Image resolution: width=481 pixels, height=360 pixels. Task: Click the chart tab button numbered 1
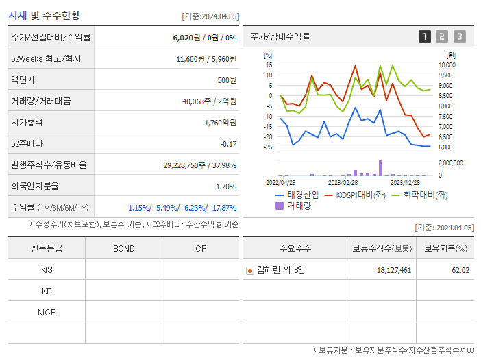pos(425,36)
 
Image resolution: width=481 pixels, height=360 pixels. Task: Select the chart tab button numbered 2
pos(442,36)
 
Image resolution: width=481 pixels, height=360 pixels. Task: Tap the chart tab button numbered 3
pos(459,36)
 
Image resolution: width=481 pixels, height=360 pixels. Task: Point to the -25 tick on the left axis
pos(268,147)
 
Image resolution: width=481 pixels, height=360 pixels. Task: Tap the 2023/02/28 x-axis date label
pos(343,182)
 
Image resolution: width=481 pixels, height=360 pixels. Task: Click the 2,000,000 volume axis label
pos(449,163)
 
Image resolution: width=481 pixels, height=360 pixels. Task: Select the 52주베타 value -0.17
pos(227,144)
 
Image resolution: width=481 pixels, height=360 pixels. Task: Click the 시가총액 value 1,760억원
pos(220,123)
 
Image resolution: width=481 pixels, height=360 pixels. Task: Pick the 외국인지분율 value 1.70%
pos(225,186)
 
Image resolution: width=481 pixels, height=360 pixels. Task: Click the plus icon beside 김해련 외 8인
pos(250,270)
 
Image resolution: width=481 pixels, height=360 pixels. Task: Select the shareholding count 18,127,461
pos(394,270)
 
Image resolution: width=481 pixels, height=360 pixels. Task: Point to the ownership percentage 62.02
pos(461,270)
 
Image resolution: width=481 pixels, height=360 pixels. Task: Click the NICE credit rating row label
pos(47,313)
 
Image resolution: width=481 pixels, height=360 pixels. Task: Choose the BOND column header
pos(123,248)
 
